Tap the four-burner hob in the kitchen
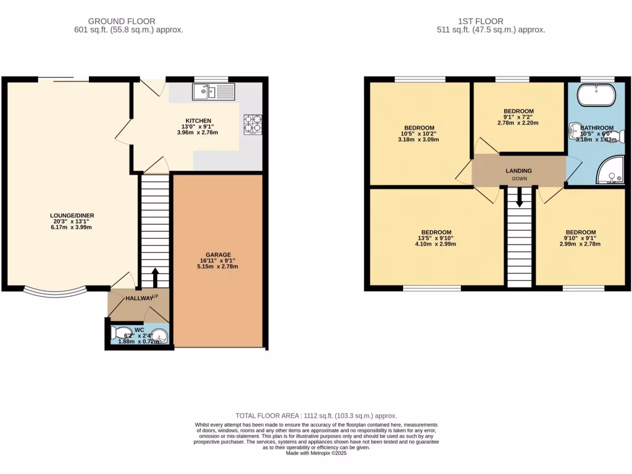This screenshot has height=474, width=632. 253,125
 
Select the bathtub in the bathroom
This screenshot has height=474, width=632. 596,96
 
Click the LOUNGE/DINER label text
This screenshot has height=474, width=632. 72,215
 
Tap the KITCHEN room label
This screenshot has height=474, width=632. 198,120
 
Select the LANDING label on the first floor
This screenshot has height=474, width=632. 518,171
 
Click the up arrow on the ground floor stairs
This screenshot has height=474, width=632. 154,277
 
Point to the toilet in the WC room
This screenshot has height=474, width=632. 122,333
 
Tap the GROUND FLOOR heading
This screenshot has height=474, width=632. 122,22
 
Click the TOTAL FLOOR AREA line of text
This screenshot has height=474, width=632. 316,416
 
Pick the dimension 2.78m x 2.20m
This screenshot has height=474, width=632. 518,123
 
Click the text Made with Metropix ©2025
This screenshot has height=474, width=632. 316,453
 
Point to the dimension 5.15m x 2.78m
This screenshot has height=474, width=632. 218,267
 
